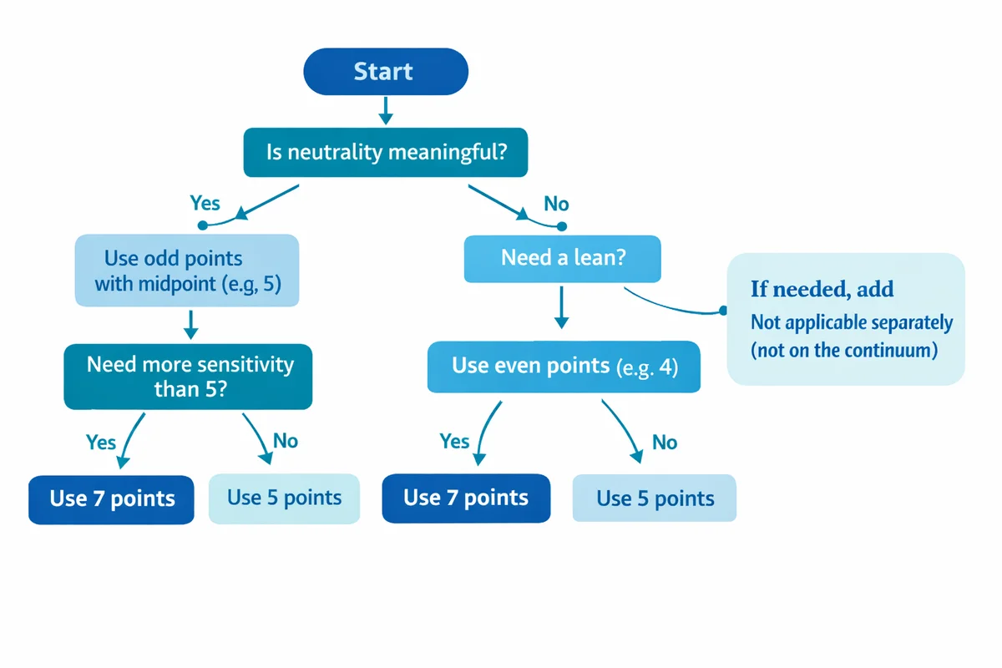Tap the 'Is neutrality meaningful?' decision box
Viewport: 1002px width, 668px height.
(385, 153)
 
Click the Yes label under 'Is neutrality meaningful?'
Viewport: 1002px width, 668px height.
(205, 203)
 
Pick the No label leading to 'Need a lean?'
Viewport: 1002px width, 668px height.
(556, 204)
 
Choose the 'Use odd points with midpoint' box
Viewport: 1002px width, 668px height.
(187, 270)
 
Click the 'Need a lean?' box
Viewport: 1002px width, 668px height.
(562, 258)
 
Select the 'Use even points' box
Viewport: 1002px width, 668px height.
(564, 366)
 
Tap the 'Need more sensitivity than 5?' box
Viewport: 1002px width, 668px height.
(189, 376)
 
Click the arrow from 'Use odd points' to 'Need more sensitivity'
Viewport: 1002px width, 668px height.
(190, 324)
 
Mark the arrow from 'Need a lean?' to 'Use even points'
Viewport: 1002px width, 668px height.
(562, 307)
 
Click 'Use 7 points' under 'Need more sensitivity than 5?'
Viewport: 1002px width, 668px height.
(112, 499)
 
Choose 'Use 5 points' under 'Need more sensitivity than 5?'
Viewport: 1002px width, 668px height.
(284, 498)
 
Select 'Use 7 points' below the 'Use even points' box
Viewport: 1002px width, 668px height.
(466, 498)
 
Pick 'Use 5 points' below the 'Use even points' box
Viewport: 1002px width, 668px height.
(655, 499)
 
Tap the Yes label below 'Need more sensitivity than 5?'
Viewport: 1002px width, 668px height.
(101, 441)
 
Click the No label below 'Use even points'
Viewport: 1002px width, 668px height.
(664, 442)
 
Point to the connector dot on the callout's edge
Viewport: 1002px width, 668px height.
(723, 311)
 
